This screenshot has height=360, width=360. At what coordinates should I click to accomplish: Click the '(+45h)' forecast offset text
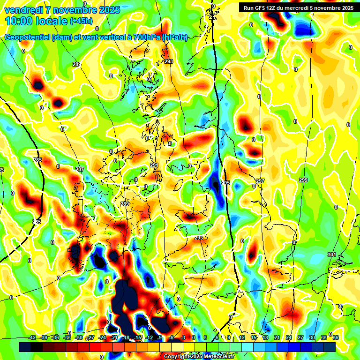tap(81, 21)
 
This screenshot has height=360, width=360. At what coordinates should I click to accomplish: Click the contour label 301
tap(332, 255)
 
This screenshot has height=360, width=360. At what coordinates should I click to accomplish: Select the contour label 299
tap(303, 180)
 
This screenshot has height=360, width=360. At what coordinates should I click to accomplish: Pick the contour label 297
tap(260, 181)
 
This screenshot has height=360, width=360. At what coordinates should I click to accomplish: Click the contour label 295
tap(225, 183)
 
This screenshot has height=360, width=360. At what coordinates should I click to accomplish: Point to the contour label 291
tap(154, 165)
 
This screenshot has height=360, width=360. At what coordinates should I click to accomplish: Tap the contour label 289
tap(124, 204)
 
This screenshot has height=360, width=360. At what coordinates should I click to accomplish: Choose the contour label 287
tap(80, 169)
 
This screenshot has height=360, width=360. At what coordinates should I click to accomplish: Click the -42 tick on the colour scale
tap(32, 337)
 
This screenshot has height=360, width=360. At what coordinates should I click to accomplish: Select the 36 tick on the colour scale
tap(336, 337)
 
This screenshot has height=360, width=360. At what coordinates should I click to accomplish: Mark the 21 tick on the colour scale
tap(277, 337)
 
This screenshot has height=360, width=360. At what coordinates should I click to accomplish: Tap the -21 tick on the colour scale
tap(114, 337)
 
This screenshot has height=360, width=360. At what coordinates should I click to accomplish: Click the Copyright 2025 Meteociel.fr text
tap(199, 357)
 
